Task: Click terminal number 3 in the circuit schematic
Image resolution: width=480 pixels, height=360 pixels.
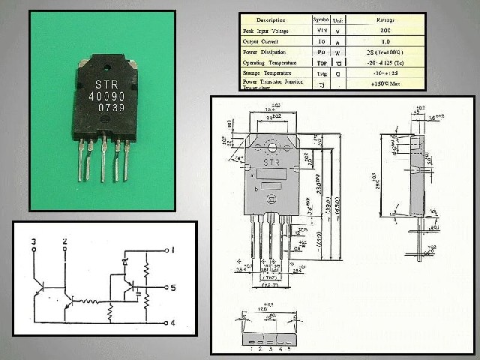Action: (34, 241)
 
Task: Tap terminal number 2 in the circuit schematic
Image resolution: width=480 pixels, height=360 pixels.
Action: (64, 241)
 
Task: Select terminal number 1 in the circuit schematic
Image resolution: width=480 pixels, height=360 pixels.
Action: (172, 250)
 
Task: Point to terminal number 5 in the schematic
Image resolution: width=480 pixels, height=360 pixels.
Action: (172, 287)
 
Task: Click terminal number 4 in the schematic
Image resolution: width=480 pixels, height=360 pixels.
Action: (172, 323)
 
